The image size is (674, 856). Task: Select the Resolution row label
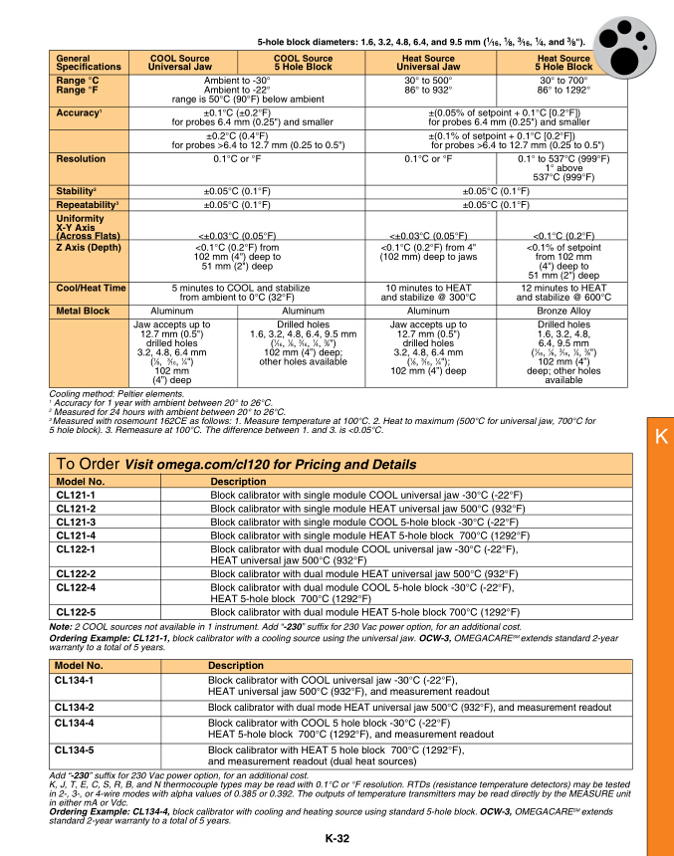(81, 158)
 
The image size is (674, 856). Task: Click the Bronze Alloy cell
(563, 312)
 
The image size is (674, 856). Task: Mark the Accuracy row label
(81, 113)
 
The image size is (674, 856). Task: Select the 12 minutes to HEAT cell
(563, 292)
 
